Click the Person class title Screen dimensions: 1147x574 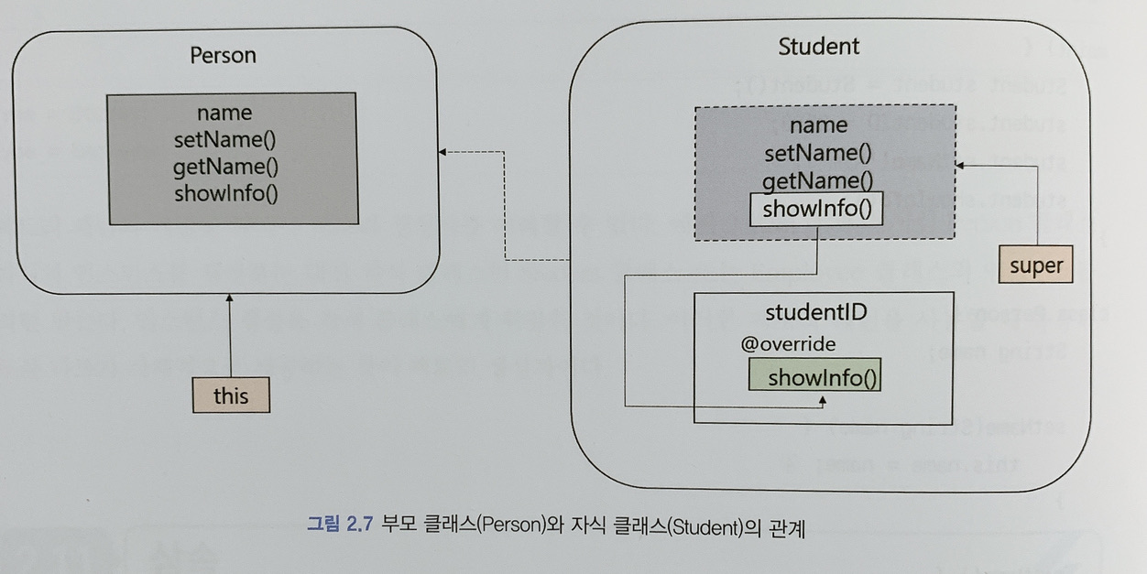coord(223,56)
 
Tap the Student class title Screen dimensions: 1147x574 coord(818,47)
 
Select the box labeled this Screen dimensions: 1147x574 coord(231,395)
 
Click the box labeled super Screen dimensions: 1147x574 coord(1035,266)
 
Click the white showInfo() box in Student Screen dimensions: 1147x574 coord(816,209)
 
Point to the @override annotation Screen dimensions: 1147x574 coord(788,345)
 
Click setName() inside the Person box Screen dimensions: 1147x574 coord(224,140)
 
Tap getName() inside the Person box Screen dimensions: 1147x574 coord(224,167)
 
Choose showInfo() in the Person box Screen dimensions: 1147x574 coord(224,193)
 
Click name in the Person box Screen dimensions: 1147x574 coord(224,114)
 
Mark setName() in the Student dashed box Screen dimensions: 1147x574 coord(817,152)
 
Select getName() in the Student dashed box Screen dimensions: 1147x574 coord(817,180)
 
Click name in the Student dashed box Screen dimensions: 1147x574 coord(818,125)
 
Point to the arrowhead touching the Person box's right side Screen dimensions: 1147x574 coord(442,152)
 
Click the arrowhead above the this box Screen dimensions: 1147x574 coord(230,299)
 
